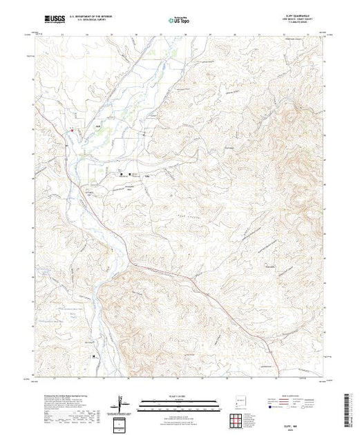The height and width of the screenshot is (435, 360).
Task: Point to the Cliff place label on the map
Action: tap(78, 126)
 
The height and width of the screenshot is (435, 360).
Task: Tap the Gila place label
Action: tap(146, 175)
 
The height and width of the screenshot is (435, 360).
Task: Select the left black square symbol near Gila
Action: tap(122, 174)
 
